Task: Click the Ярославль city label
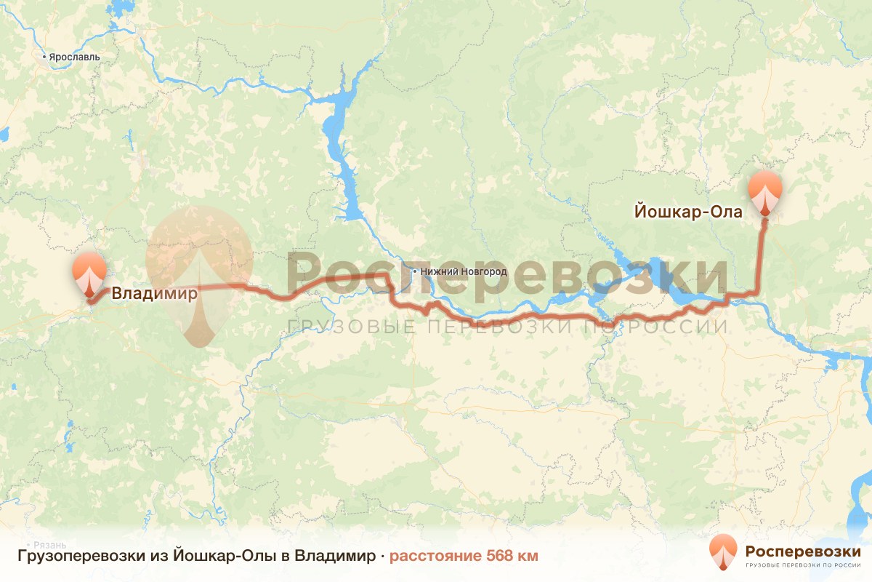[73, 57]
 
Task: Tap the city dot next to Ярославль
[44, 56]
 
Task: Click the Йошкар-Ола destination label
[688, 212]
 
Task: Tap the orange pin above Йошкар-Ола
[765, 191]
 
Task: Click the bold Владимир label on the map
[153, 295]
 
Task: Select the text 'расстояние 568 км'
[464, 557]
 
